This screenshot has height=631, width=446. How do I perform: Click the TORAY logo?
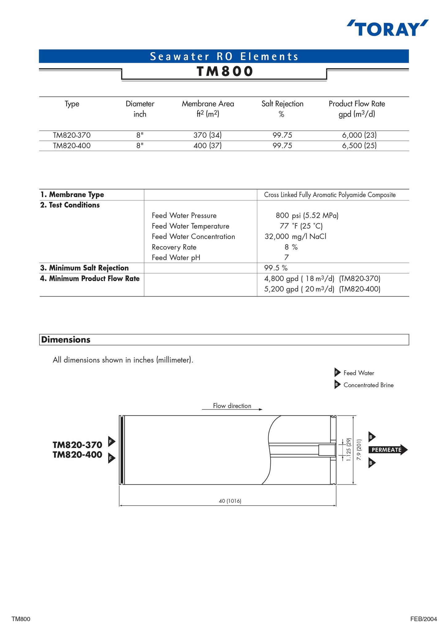tap(387, 28)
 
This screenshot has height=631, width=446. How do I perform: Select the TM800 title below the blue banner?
tap(225, 71)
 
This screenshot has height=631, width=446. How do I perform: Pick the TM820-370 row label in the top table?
tap(72, 135)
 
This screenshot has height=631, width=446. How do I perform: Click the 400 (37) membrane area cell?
tap(208, 146)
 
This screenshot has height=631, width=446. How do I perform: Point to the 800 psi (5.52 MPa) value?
tap(307, 216)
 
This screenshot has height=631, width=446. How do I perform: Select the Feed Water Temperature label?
tap(190, 226)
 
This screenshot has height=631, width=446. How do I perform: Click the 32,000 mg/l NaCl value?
tap(295, 237)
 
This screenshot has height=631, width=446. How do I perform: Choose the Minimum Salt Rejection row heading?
tap(84, 268)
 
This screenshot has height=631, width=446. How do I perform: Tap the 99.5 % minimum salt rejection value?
tap(276, 268)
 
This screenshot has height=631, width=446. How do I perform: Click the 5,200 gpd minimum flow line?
tap(322, 289)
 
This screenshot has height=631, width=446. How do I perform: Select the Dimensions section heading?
tap(66, 340)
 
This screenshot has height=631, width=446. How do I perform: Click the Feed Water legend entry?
tap(358, 373)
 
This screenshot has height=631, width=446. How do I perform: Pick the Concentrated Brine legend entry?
tap(368, 385)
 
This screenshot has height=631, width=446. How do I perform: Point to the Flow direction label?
tap(232, 406)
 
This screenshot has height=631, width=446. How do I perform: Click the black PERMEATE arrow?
tap(388, 450)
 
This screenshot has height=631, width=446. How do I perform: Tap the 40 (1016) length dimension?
tap(230, 501)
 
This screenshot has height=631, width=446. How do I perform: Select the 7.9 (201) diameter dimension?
tap(359, 450)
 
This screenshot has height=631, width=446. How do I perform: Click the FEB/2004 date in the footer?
tap(423, 619)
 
